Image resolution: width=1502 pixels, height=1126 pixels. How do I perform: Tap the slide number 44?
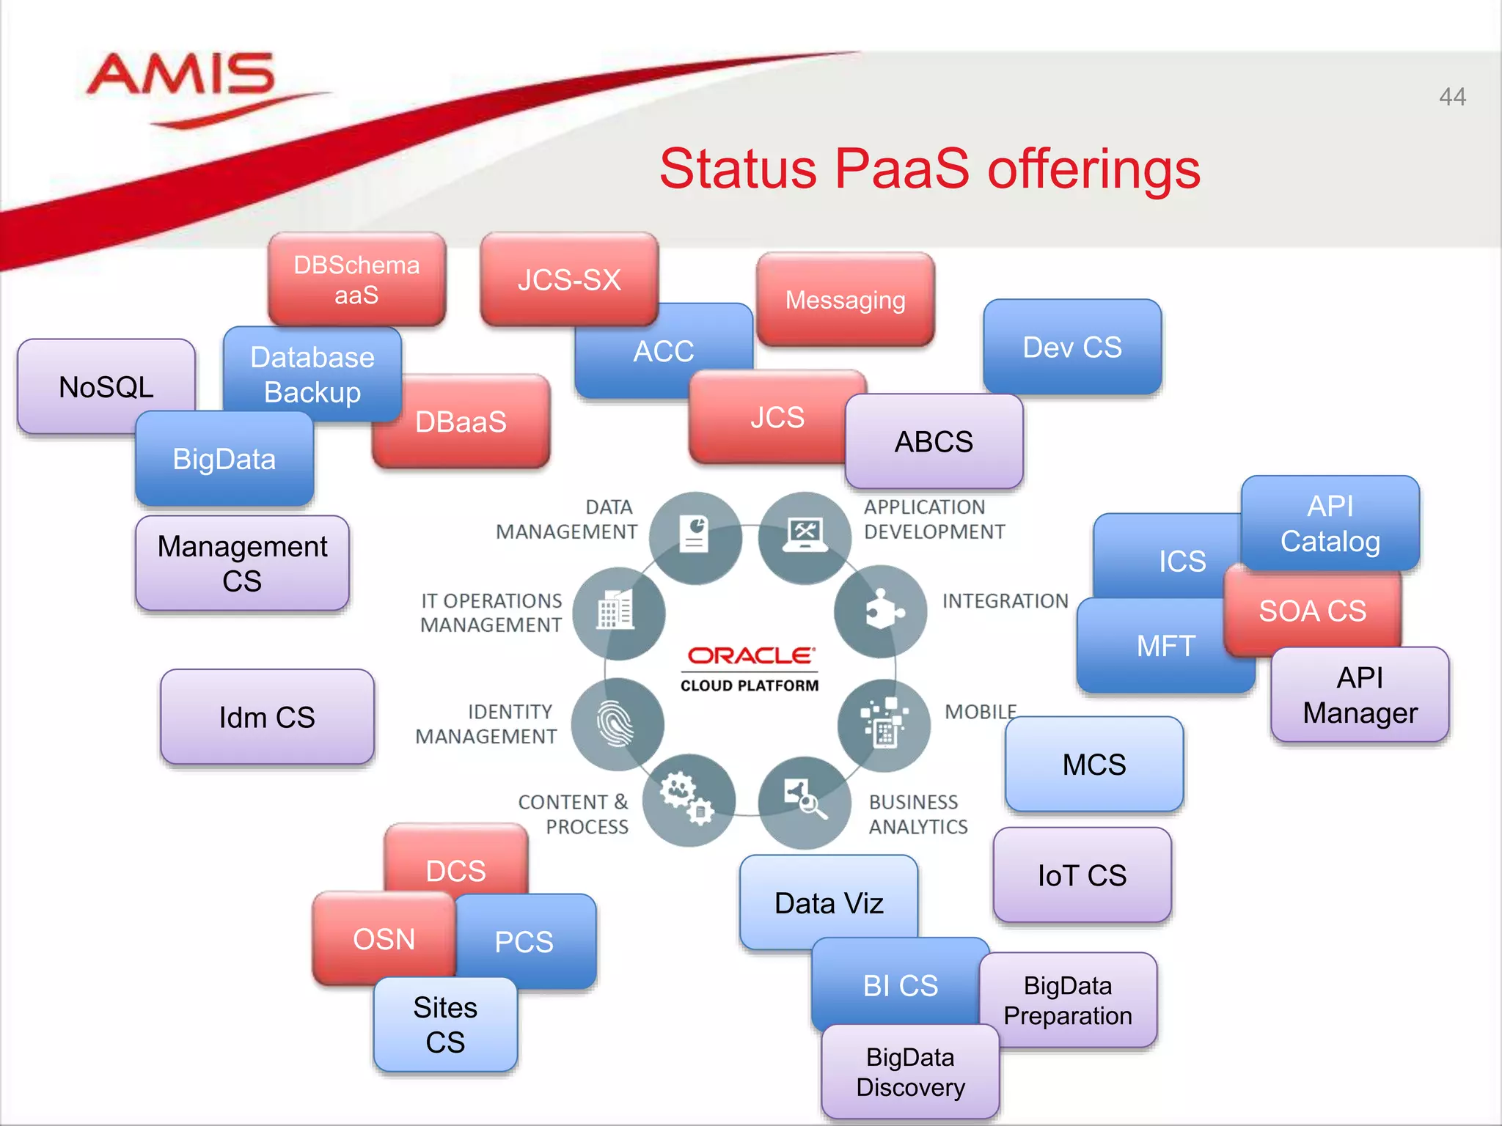1451,97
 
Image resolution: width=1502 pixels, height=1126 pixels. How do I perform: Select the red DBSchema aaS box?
356,279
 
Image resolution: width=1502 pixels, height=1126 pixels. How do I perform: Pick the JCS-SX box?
569,279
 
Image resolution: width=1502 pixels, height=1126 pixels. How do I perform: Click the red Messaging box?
845,300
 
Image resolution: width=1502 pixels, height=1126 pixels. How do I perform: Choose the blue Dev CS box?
1071,347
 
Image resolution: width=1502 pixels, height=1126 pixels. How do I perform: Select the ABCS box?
934,441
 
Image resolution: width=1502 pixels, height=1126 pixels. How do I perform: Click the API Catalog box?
1330,523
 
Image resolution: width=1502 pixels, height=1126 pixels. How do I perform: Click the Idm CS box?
267,717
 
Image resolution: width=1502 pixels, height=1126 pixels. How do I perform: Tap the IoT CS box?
1082,875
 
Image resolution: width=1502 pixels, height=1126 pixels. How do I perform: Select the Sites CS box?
445,1024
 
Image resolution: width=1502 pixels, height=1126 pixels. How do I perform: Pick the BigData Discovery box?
909,1072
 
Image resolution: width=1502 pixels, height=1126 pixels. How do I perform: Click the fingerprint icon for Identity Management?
617,724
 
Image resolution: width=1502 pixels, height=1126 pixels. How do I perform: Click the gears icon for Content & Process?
688,799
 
